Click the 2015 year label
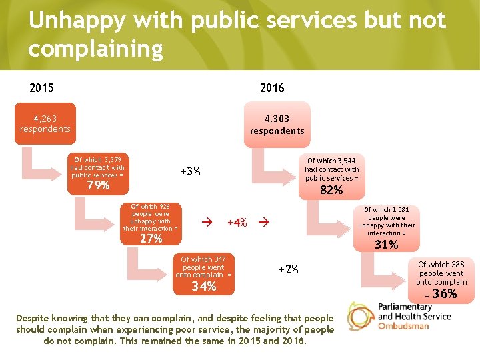(41, 87)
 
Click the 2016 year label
(272, 87)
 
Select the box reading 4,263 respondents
(45, 123)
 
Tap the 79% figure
(98, 185)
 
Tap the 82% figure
(331, 190)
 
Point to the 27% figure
(151, 239)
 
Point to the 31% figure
(386, 245)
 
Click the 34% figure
(203, 287)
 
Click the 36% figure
(444, 294)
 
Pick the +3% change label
(191, 171)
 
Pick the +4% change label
(237, 223)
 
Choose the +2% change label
(288, 269)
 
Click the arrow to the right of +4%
(263, 222)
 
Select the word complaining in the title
(95, 49)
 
